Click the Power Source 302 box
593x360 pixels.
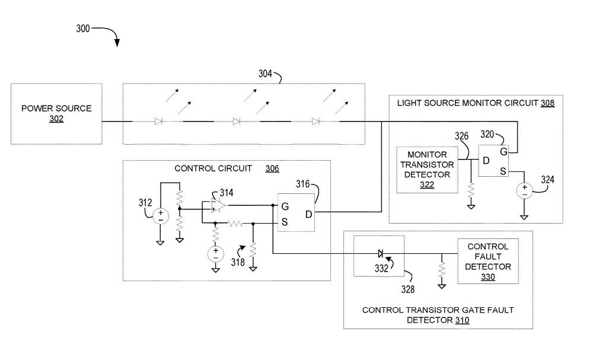[56, 114]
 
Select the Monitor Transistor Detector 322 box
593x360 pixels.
[427, 170]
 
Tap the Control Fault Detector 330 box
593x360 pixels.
[488, 262]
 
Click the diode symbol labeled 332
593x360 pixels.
[381, 253]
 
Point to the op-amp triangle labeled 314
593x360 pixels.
[218, 205]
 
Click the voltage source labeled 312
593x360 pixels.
[160, 216]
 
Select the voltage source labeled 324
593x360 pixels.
[524, 190]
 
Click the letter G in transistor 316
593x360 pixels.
[285, 206]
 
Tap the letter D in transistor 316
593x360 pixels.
[308, 215]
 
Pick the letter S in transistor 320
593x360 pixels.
[503, 171]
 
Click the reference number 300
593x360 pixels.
[83, 28]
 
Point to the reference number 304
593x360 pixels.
[265, 74]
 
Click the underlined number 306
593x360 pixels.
[272, 168]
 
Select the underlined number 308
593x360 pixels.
[547, 103]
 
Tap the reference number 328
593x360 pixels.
[408, 289]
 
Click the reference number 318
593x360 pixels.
[238, 262]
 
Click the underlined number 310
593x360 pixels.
[462, 320]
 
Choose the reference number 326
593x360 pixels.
[461, 136]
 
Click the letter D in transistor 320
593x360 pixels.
[486, 161]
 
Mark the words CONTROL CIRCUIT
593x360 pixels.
[213, 168]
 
